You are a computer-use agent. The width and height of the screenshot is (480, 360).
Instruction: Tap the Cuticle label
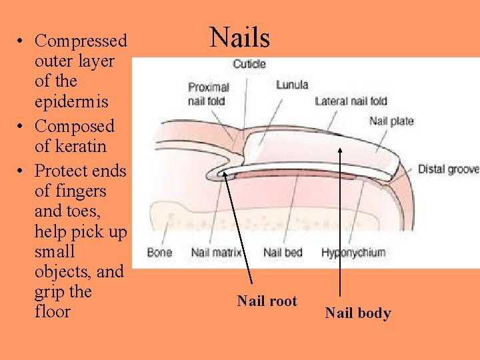coord(249,64)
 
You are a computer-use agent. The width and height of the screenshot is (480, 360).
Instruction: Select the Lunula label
coord(292,85)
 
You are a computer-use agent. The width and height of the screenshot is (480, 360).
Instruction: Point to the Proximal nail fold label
coord(207,94)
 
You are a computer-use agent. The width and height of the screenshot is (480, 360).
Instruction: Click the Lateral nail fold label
coord(351,101)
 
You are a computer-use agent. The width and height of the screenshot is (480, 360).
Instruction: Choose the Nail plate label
coord(391,121)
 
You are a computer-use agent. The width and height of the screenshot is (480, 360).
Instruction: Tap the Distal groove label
coord(448,169)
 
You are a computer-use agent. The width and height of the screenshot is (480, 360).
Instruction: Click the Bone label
coord(159,253)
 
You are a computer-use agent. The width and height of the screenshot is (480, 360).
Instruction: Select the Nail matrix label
coord(216,253)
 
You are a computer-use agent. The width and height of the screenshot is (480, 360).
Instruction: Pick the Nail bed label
coord(283,253)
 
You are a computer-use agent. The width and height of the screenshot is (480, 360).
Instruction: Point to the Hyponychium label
coord(353,253)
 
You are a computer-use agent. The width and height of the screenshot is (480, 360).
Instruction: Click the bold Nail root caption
coord(267,301)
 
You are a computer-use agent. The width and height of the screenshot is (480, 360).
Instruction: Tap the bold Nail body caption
coord(358,313)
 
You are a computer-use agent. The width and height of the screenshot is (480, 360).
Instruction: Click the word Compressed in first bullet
coord(81,41)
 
